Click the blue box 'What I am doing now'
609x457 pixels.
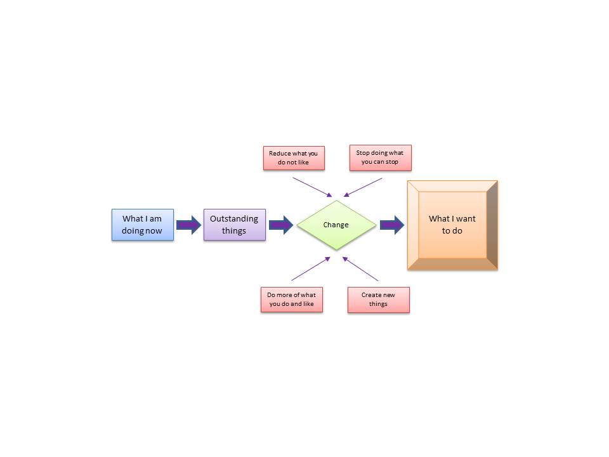pyautogui.click(x=142, y=225)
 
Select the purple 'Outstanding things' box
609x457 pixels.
pyautogui.click(x=234, y=225)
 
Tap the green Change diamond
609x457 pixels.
pyautogui.click(x=336, y=225)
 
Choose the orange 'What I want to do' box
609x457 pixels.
pyautogui.click(x=452, y=225)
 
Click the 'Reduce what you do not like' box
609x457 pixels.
pyautogui.click(x=294, y=158)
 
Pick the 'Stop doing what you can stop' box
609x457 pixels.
pyautogui.click(x=380, y=158)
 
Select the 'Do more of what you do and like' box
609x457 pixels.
pyautogui.click(x=291, y=300)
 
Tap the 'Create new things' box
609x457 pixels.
pyautogui.click(x=379, y=300)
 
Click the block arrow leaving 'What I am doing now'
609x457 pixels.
pyautogui.click(x=188, y=225)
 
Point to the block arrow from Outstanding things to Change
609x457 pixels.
pyautogui.click(x=280, y=225)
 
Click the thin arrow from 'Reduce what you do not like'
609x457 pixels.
pyautogui.click(x=312, y=187)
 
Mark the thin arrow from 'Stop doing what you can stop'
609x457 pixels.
pyautogui.click(x=362, y=187)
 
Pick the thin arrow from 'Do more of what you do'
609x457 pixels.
pyautogui.click(x=311, y=268)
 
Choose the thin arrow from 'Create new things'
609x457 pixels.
pyautogui.click(x=361, y=269)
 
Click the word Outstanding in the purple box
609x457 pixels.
pyautogui.click(x=234, y=219)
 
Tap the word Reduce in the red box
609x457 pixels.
pyautogui.click(x=280, y=154)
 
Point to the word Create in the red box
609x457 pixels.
pyautogui.click(x=371, y=295)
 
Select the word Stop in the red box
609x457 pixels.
pyautogui.click(x=363, y=154)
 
